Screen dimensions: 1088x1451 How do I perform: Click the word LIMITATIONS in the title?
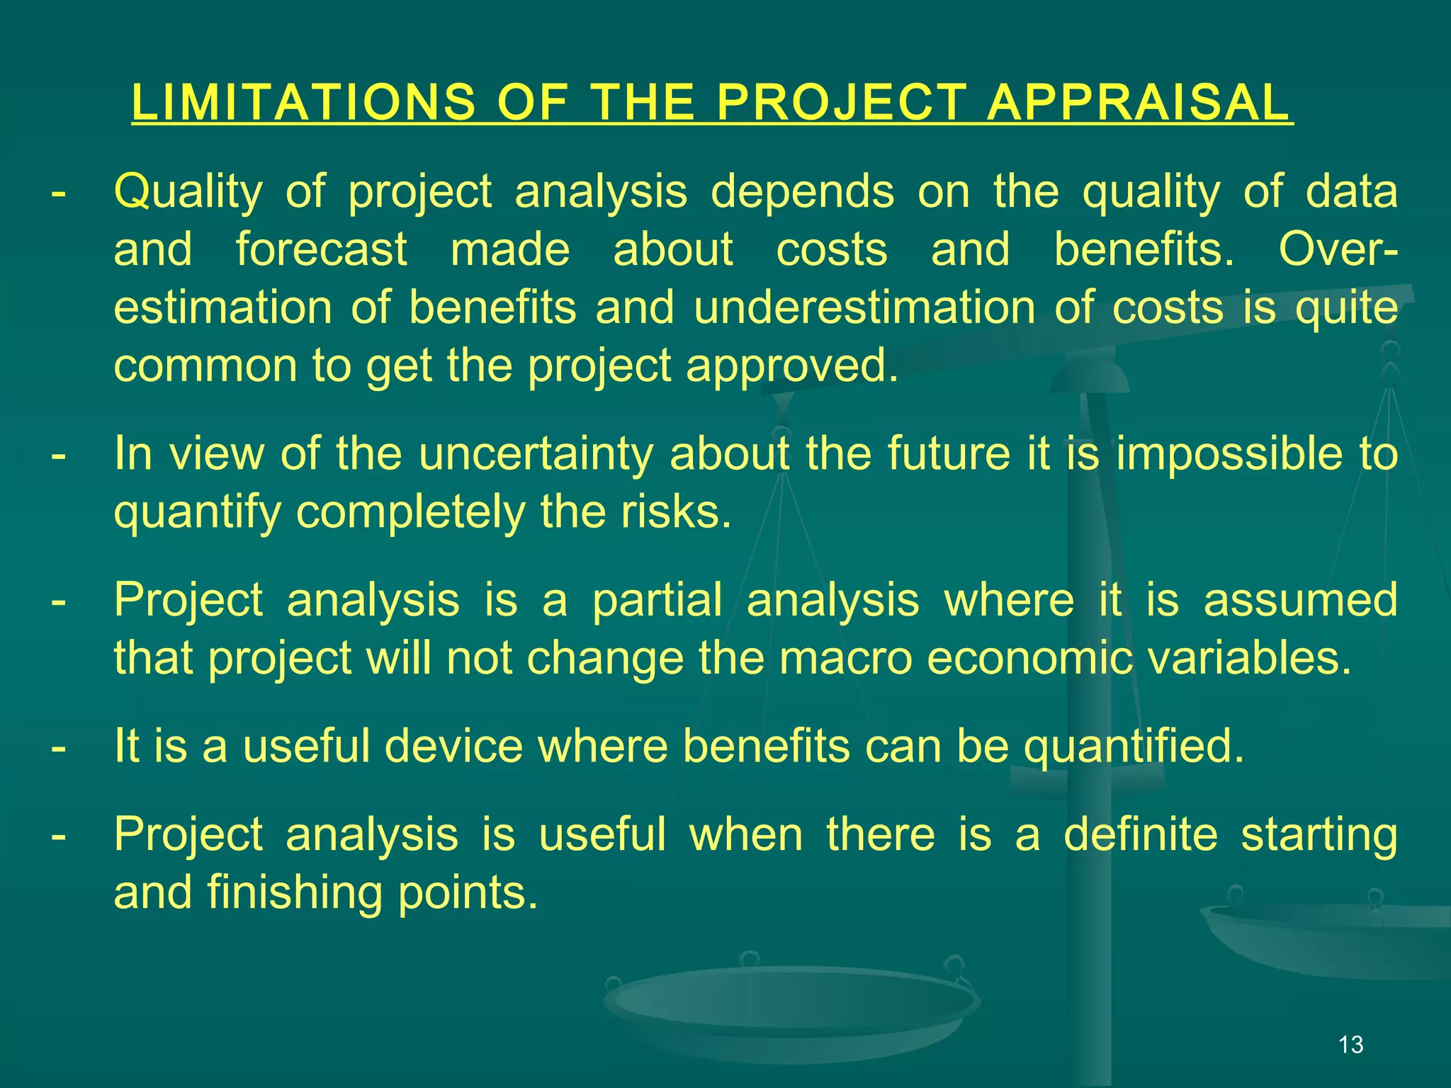303,103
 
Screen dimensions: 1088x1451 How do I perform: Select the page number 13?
1351,1045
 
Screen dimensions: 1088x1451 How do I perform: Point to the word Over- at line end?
1338,249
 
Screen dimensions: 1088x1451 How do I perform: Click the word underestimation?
864,308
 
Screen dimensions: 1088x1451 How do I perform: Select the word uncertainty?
536,453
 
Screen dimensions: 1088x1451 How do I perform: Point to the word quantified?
1134,746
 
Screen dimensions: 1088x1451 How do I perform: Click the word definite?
1140,834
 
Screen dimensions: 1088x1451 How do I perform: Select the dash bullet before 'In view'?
59,455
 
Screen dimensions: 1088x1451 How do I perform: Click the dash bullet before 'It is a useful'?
59,747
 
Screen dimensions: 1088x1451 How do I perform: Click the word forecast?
322,249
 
